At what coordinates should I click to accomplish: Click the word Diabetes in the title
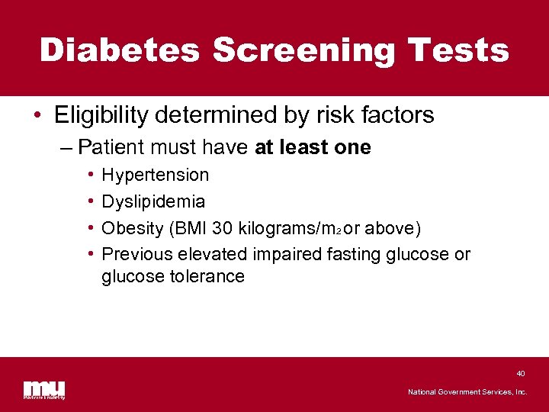tap(120, 50)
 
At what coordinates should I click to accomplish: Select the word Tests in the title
tap(459, 50)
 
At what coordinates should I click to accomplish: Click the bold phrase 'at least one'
tap(313, 147)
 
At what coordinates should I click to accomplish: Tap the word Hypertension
tap(155, 175)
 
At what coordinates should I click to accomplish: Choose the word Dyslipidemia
tap(153, 201)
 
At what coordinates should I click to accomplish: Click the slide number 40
tap(521, 374)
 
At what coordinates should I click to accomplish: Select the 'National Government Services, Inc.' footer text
tap(467, 392)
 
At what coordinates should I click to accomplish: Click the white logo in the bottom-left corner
tap(44, 389)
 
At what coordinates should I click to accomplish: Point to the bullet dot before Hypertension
tap(90, 175)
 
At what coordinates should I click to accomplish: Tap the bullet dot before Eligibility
tap(37, 116)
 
